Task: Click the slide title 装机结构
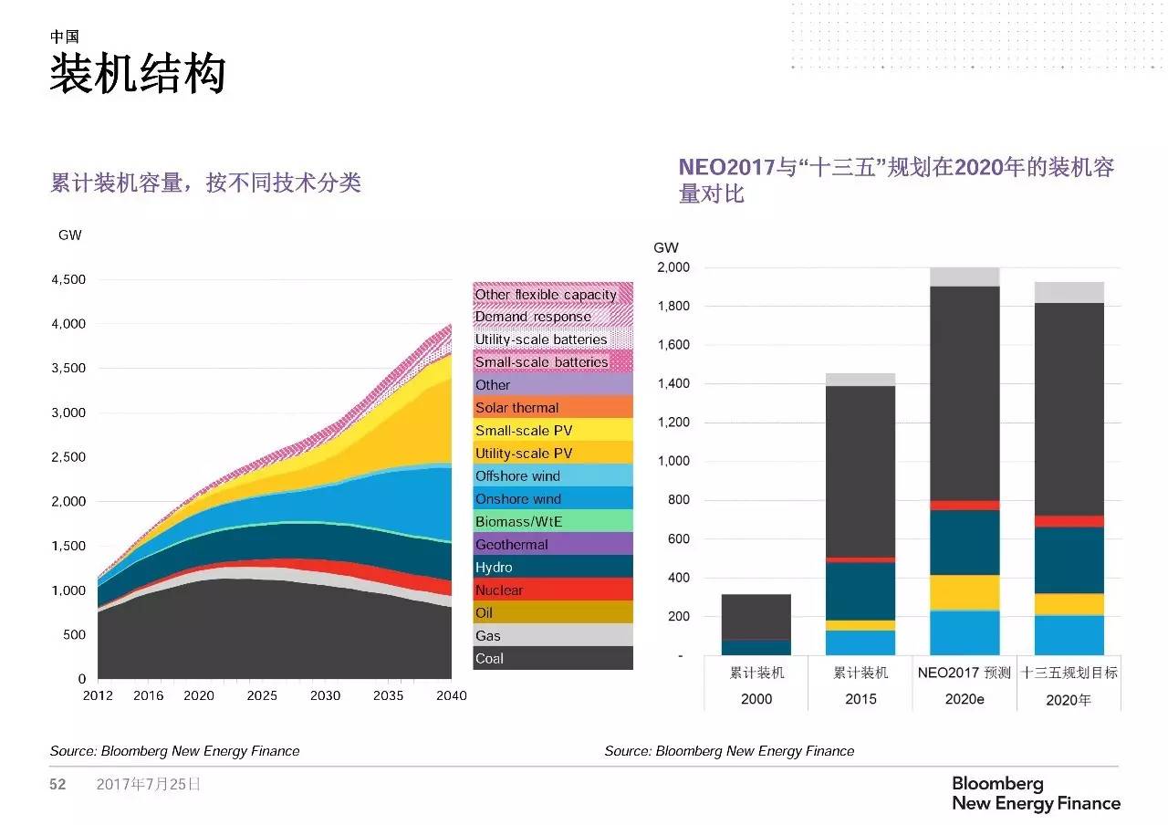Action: pyautogui.click(x=137, y=74)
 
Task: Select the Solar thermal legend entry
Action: pyautogui.click(x=553, y=407)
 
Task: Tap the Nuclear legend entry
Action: pyautogui.click(x=553, y=590)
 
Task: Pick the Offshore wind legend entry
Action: pyautogui.click(x=553, y=475)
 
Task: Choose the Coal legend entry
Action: pyautogui.click(x=553, y=658)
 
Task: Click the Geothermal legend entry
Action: pyautogui.click(x=553, y=544)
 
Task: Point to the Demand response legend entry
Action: pyautogui.click(x=553, y=317)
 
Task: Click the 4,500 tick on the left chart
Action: pyautogui.click(x=68, y=280)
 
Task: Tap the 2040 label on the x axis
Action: pyautogui.click(x=451, y=695)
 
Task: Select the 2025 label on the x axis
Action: pyautogui.click(x=262, y=695)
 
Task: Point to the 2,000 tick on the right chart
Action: pyautogui.click(x=673, y=267)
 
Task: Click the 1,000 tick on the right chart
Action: pyautogui.click(x=673, y=462)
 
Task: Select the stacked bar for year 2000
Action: pyautogui.click(x=756, y=625)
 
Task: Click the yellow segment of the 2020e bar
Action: pyautogui.click(x=965, y=592)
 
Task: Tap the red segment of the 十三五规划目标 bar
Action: pyautogui.click(x=1069, y=521)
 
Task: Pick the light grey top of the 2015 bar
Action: pyautogui.click(x=860, y=380)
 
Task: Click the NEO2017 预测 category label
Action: pyautogui.click(x=965, y=673)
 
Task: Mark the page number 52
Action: pyautogui.click(x=57, y=784)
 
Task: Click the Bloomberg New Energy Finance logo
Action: pyautogui.click(x=1036, y=793)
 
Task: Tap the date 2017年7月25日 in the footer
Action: pyautogui.click(x=148, y=784)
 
